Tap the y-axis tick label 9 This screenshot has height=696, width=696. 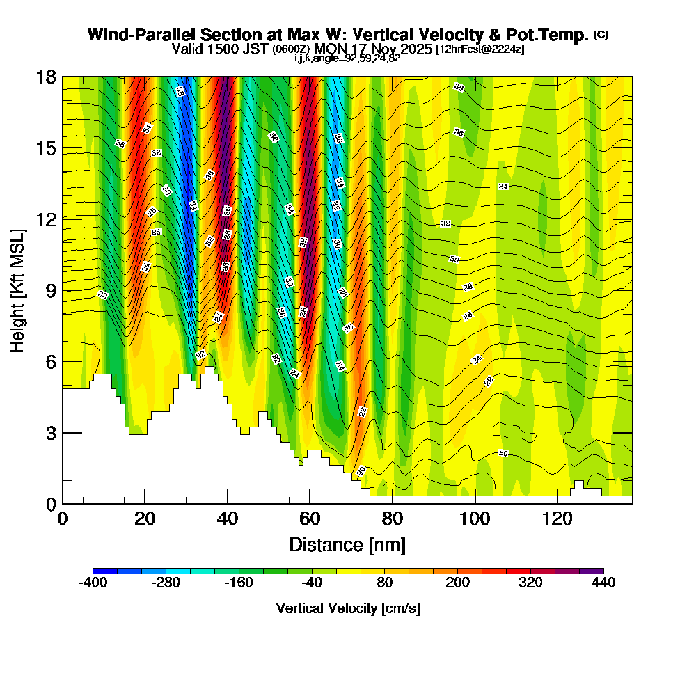click(x=50, y=290)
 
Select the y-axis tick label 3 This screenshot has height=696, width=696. click(x=50, y=433)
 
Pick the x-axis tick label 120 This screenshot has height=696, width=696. click(x=557, y=519)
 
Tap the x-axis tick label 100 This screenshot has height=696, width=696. click(x=475, y=519)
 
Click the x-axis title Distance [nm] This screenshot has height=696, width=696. click(x=347, y=544)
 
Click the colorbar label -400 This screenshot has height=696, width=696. click(x=93, y=583)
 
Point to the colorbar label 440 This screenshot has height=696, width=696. click(x=603, y=583)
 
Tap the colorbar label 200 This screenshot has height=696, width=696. click(x=457, y=583)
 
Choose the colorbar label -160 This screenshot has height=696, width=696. click(x=239, y=583)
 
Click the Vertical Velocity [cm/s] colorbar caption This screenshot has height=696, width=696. click(x=348, y=608)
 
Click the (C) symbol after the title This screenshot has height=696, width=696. click(x=601, y=34)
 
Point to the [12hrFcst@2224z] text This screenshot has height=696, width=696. click(x=480, y=49)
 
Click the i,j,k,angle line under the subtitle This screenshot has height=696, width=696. click(x=347, y=58)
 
